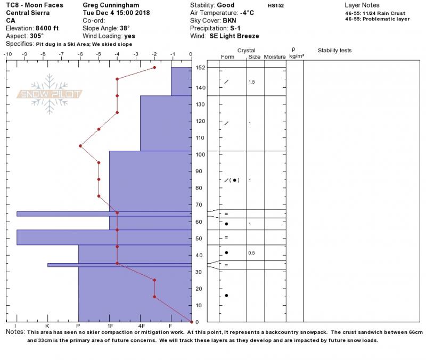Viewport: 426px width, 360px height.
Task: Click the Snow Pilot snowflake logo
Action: click(50, 94)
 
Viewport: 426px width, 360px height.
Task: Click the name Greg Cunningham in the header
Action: click(111, 5)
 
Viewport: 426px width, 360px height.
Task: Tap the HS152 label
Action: click(276, 5)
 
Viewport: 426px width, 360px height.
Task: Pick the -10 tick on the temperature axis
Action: click(8, 54)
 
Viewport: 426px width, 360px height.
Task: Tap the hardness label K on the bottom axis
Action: click(47, 325)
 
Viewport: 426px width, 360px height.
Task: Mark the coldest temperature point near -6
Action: click(80, 146)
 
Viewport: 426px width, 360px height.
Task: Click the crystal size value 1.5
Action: click(252, 82)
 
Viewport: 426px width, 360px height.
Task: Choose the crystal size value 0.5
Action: click(252, 253)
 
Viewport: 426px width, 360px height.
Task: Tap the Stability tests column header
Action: click(335, 51)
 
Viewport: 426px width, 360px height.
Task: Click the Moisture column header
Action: click(275, 56)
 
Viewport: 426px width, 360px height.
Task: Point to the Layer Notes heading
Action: click(362, 5)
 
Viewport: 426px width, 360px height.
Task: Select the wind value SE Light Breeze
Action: click(234, 36)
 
